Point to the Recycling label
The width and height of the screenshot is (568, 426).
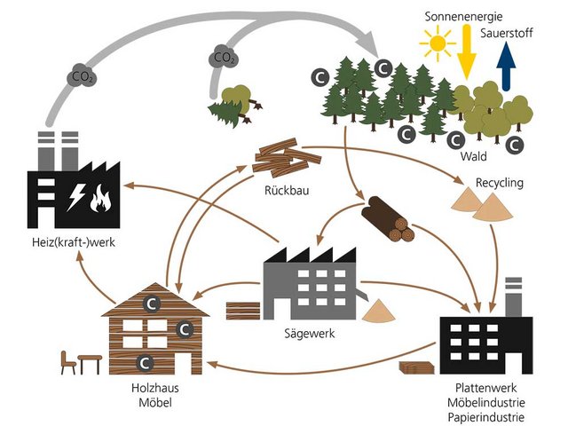pyautogui.click(x=500, y=184)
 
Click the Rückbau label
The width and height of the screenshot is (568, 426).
pyautogui.click(x=285, y=189)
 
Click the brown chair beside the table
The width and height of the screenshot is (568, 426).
pyautogui.click(x=67, y=363)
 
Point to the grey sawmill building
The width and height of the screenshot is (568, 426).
pyautogui.click(x=310, y=285)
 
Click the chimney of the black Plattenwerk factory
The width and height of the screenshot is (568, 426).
pyautogui.click(x=512, y=296)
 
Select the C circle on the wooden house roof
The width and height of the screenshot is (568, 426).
pyautogui.click(x=153, y=304)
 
